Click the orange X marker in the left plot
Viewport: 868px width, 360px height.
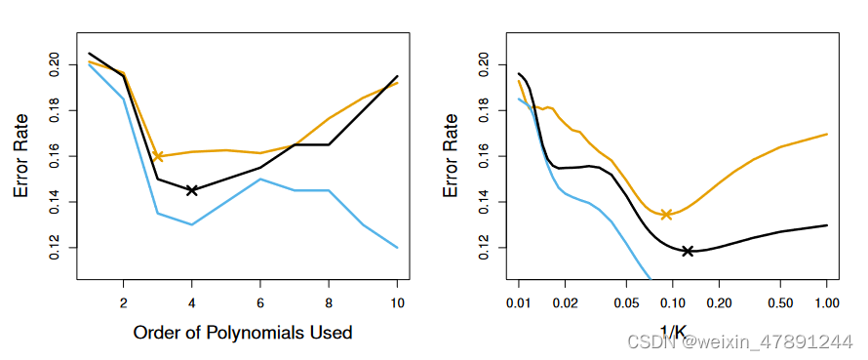158,156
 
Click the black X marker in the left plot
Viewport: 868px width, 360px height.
192,190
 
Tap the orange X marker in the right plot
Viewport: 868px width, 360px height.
666,215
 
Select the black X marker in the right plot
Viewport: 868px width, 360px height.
688,251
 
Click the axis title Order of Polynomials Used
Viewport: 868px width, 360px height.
242,333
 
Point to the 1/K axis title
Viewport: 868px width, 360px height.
672,333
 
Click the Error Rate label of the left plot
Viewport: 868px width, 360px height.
20,155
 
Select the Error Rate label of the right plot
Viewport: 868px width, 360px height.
451,155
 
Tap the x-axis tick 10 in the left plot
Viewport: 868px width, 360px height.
397,302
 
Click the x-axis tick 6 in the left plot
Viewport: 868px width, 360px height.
260,302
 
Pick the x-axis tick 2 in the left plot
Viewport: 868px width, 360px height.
123,302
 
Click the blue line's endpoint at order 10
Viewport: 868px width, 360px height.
397,248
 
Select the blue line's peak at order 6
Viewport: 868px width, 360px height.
260,179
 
